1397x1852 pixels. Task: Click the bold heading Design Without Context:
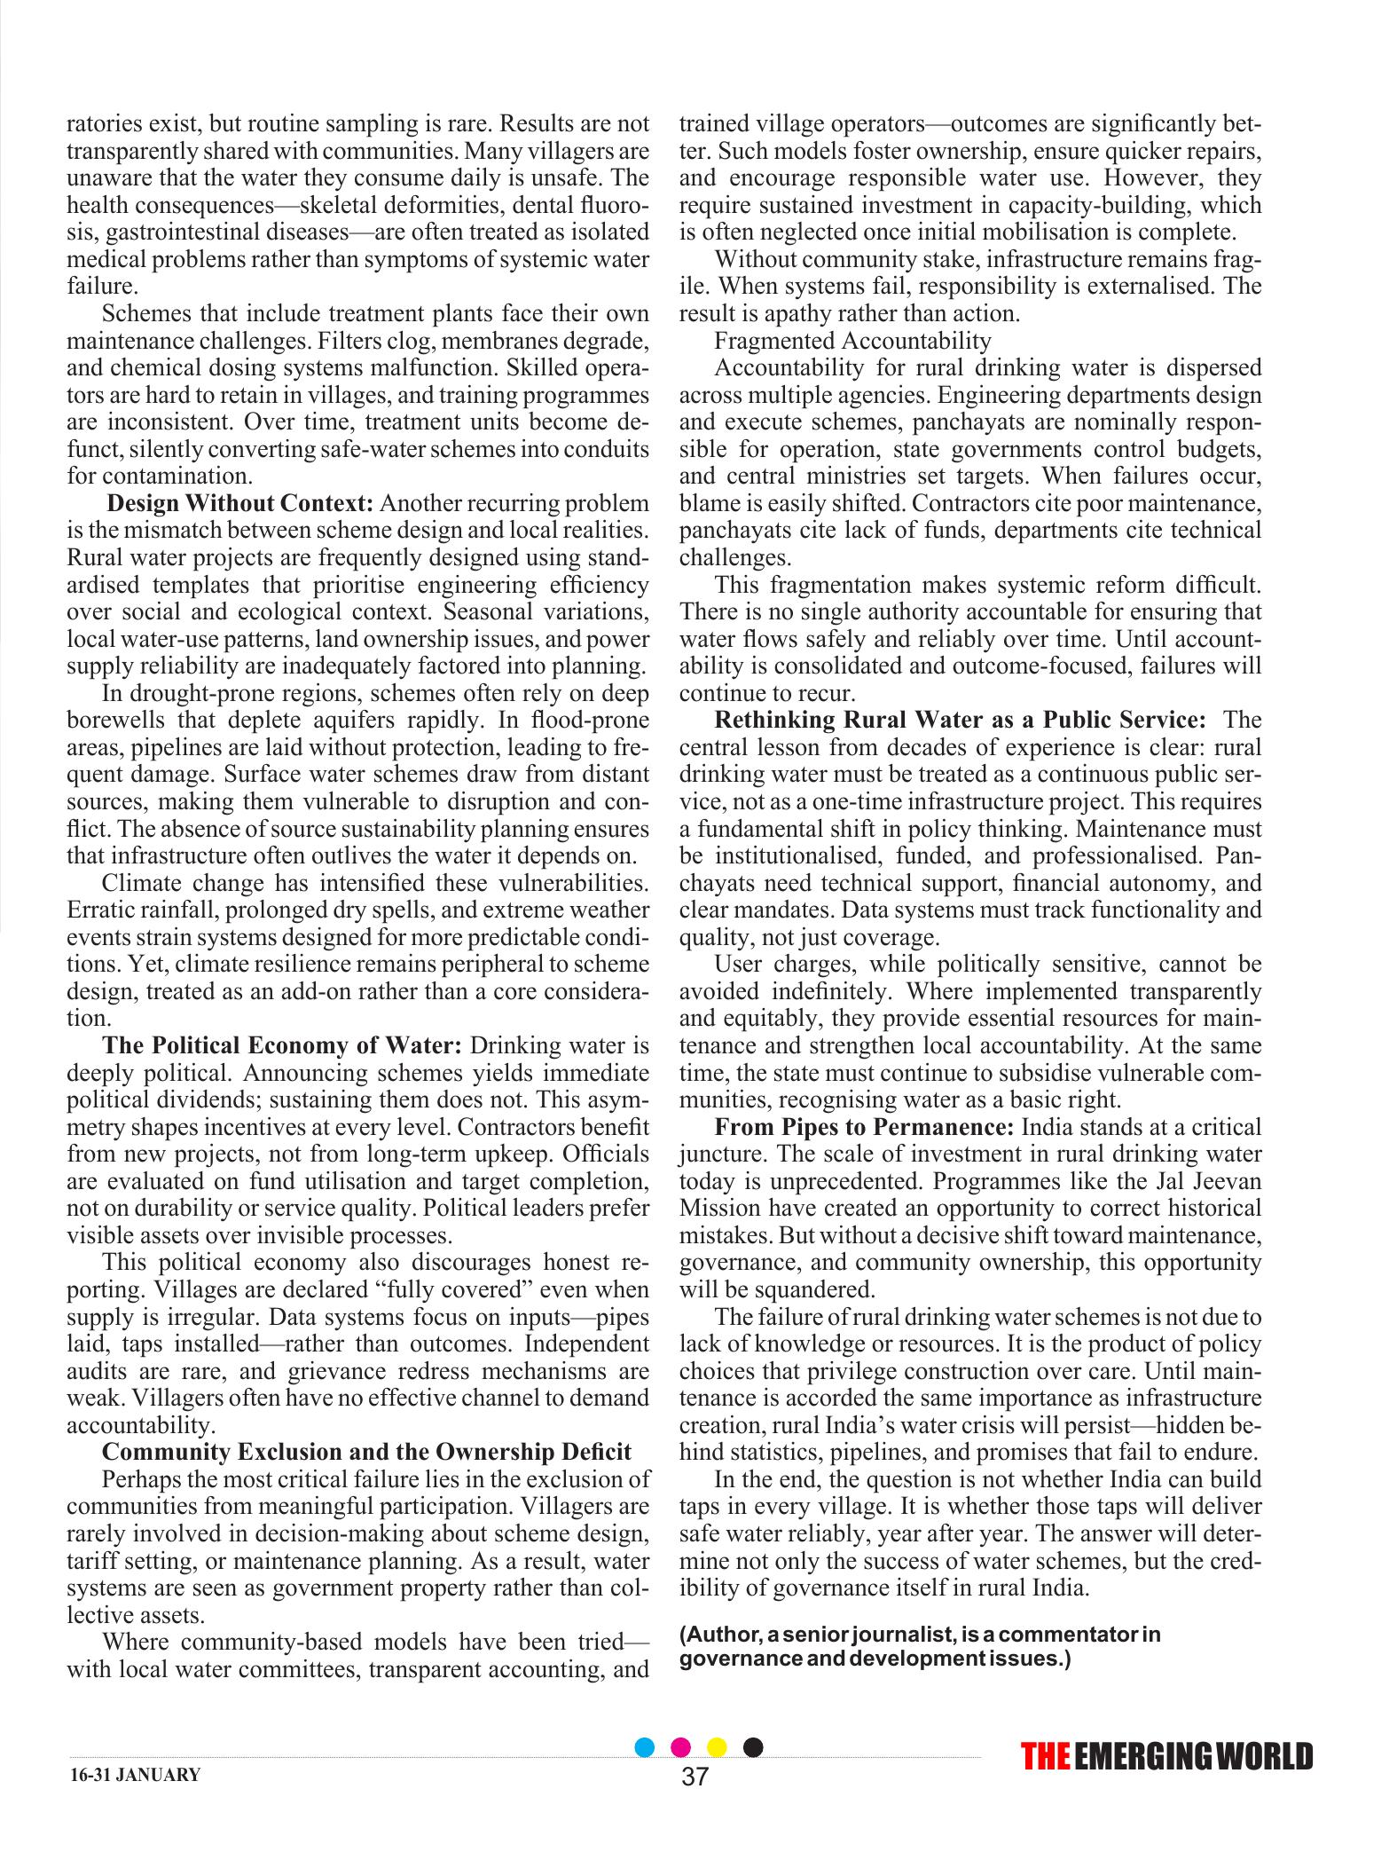[239, 503]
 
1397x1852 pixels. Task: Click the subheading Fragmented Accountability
[852, 340]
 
